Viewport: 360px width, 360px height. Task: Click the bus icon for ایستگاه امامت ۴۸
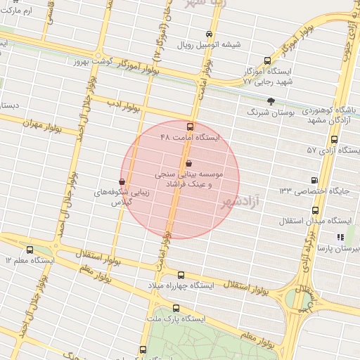190,127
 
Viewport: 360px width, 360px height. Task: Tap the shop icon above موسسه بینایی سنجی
188,163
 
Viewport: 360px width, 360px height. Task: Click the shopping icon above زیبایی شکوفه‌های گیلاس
122,181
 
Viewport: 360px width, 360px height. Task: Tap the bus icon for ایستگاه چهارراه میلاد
181,275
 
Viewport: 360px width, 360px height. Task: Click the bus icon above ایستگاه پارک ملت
175,308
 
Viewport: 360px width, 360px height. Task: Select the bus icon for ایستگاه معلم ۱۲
30,250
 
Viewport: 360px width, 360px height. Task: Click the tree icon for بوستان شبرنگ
271,101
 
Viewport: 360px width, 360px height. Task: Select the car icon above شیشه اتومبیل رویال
209,34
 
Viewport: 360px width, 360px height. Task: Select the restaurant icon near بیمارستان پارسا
340,238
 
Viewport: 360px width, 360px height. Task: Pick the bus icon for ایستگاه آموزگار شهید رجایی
266,60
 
